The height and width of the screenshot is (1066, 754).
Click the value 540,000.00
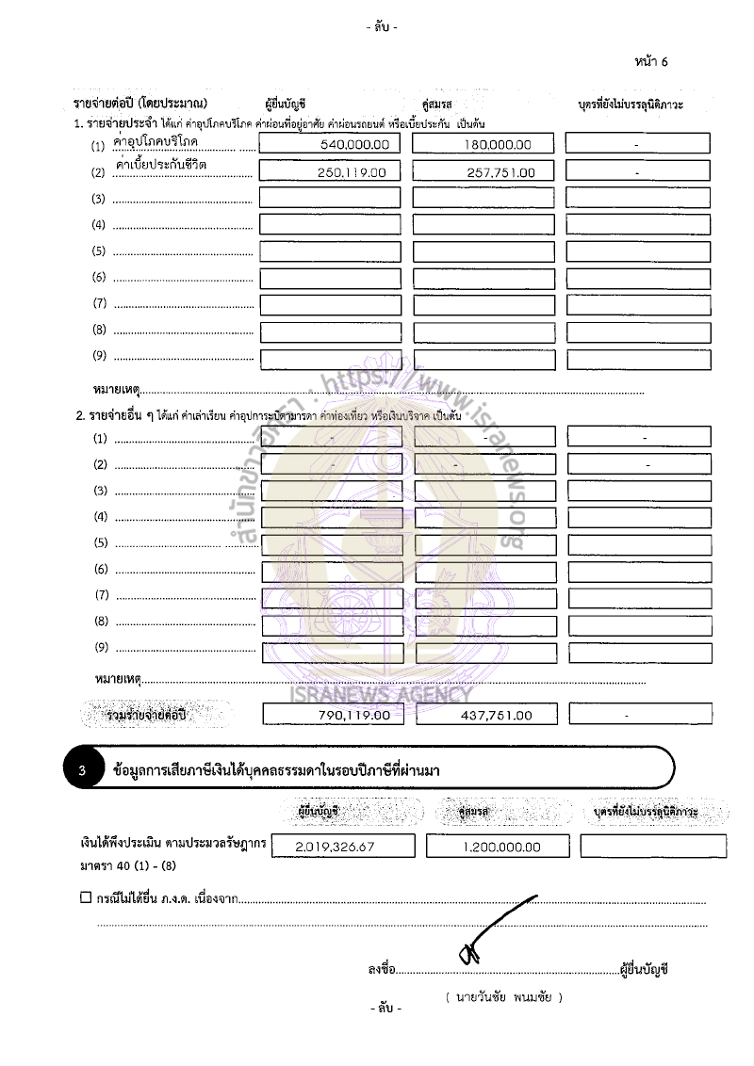coord(353,145)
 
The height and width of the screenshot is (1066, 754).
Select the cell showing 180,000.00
coord(498,145)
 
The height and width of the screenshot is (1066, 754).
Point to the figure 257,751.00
coord(500,172)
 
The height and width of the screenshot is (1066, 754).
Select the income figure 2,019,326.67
coord(335,847)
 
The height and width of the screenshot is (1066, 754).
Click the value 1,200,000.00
coord(501,847)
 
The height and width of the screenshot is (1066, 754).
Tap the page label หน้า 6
coord(651,62)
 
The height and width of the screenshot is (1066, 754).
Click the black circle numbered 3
coord(83,771)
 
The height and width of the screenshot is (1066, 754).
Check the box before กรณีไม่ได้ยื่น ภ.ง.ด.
coord(86,897)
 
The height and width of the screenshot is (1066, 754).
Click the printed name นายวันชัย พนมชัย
coord(503,996)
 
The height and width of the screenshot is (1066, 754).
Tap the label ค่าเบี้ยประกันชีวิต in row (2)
coord(161,165)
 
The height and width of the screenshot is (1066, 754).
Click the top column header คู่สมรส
coord(434,104)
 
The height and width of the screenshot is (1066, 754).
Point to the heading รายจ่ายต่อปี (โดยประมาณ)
coord(140,103)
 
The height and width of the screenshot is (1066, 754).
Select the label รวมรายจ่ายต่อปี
coord(147,716)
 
